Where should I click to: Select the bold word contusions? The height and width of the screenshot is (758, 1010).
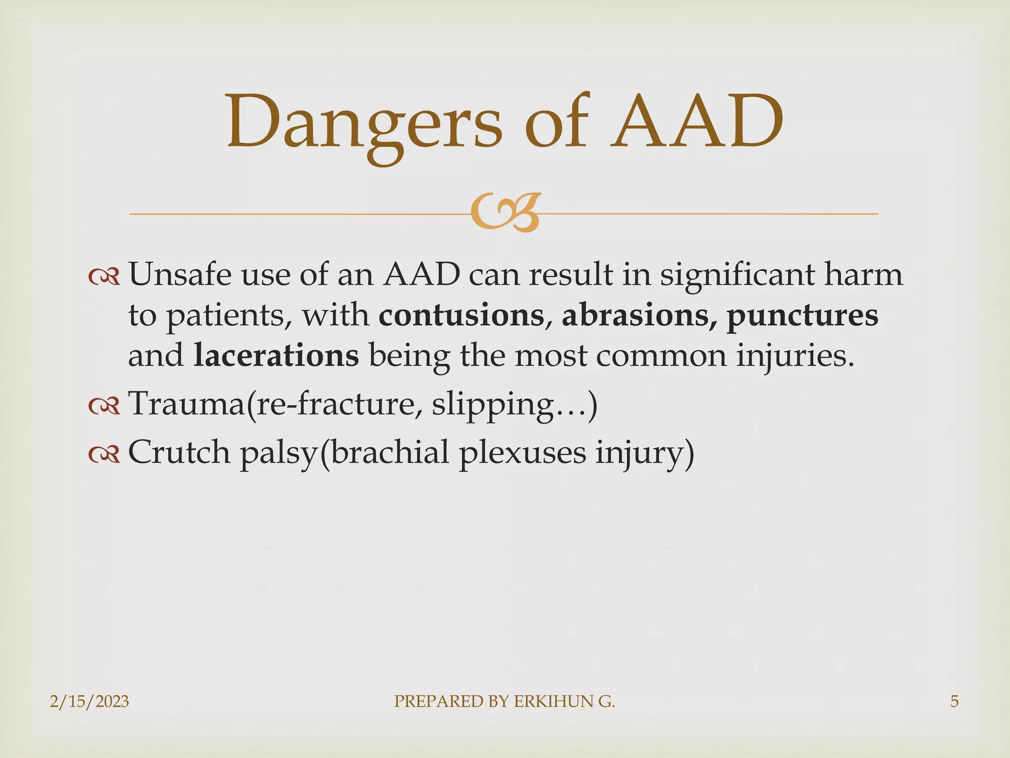click(x=461, y=315)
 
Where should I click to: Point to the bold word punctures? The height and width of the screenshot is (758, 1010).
click(x=802, y=315)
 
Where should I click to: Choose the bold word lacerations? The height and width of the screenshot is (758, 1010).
click(x=276, y=356)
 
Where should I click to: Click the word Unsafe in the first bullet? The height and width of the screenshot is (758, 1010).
click(x=180, y=274)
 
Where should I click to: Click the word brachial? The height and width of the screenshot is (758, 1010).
click(x=390, y=452)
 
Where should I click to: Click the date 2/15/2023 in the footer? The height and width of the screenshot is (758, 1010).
click(x=89, y=701)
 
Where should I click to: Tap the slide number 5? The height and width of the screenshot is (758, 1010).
click(x=954, y=701)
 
